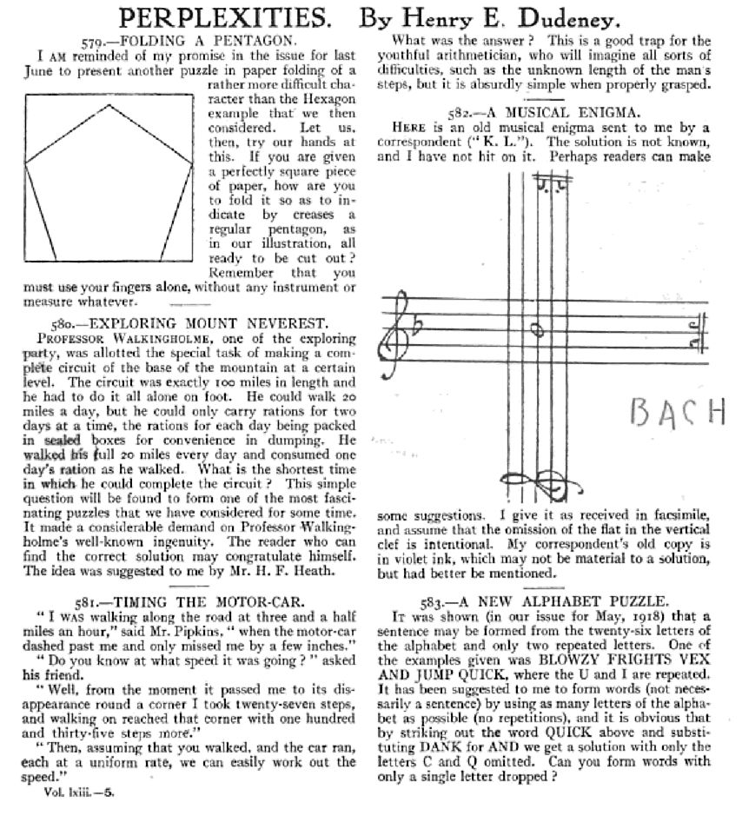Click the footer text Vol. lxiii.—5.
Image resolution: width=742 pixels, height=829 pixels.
79,791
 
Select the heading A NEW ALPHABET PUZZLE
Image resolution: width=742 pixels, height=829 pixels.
553,600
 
